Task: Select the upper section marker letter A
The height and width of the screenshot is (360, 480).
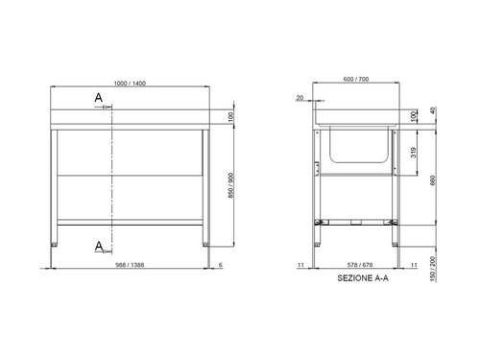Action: pos(98,97)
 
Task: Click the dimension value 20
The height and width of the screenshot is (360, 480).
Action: pos(300,98)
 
